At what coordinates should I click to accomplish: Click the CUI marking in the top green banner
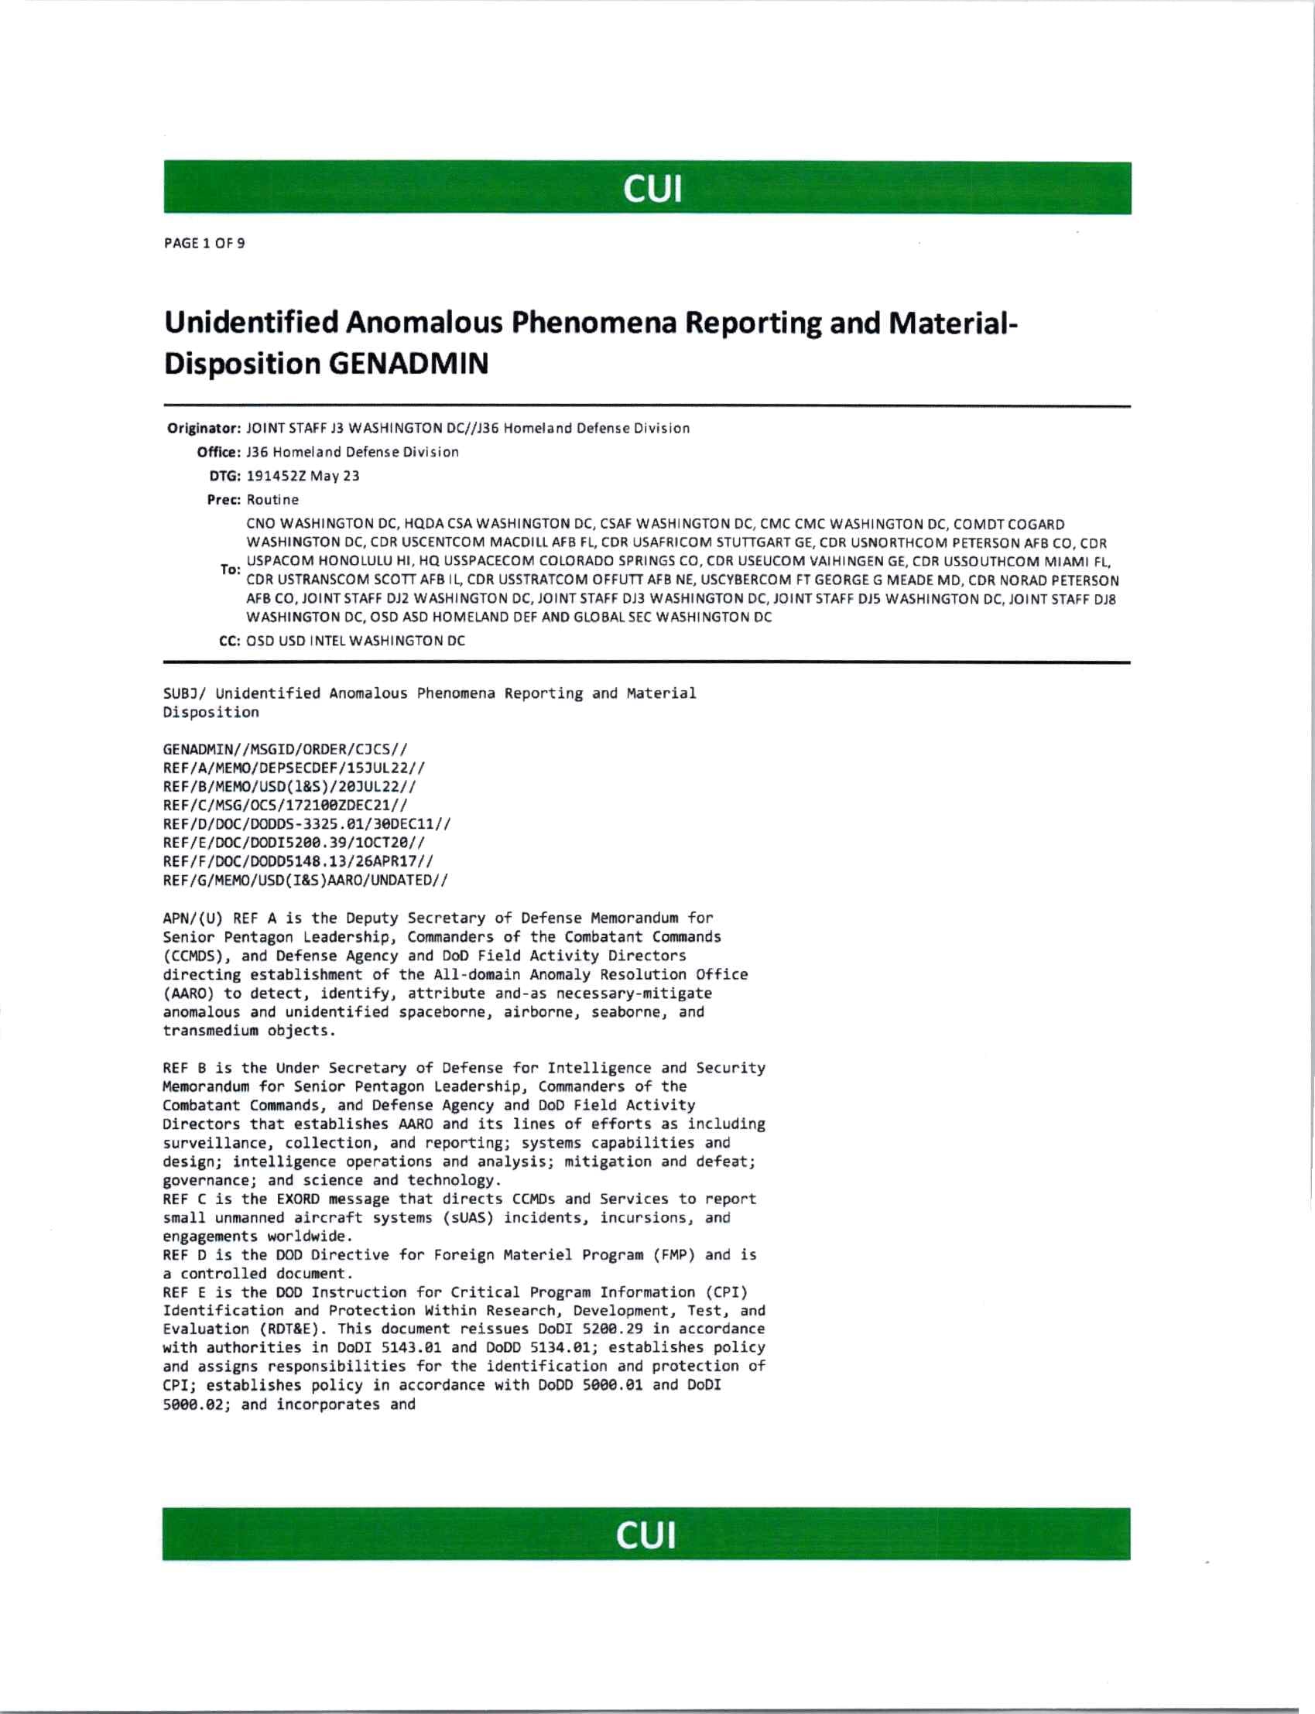coord(652,189)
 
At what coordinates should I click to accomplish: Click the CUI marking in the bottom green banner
coord(646,1535)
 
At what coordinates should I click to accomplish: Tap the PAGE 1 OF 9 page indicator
coord(204,244)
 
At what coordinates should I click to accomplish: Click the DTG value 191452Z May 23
coord(303,476)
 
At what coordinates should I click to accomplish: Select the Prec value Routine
coord(272,499)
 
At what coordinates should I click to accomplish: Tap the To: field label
coord(230,570)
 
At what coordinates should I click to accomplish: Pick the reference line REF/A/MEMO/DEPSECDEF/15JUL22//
coord(294,768)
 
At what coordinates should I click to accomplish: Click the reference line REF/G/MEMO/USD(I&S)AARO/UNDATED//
coord(305,881)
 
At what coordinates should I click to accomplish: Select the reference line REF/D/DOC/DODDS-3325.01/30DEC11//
coord(306,824)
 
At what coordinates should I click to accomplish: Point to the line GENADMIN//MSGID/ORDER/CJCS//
coord(285,749)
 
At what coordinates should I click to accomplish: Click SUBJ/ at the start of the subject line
coord(185,693)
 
